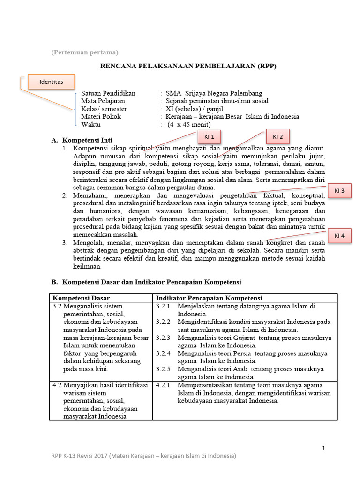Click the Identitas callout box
(x=52, y=82)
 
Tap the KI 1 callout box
(x=209, y=137)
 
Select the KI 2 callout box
(x=278, y=137)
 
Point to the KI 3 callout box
(x=339, y=191)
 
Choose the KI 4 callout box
(x=339, y=236)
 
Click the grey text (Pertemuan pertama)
(x=85, y=52)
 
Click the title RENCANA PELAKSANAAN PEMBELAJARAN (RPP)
(x=188, y=67)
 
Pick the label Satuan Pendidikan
(x=108, y=93)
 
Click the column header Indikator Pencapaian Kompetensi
(x=209, y=298)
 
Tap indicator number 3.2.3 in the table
(x=163, y=337)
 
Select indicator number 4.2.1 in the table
(x=163, y=385)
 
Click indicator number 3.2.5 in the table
(x=163, y=369)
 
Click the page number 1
(x=323, y=449)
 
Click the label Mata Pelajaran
(x=103, y=101)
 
